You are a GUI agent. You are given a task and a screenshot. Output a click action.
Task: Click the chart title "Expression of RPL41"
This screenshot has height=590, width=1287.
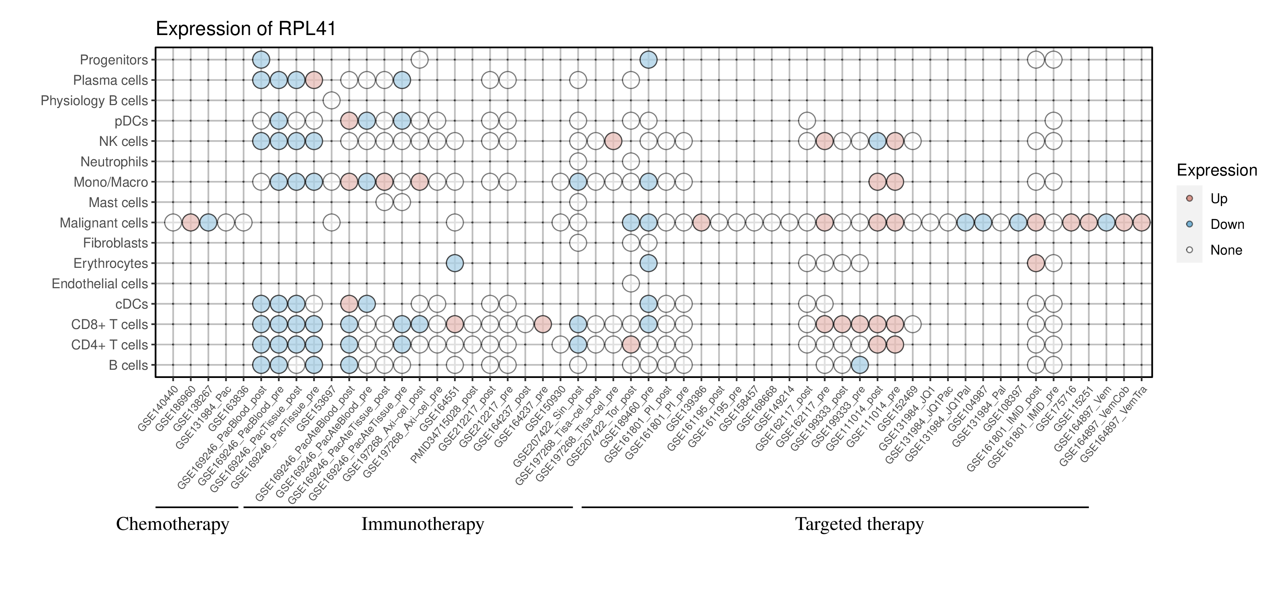(x=246, y=29)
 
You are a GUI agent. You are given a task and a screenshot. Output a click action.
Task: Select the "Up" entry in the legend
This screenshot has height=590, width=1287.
(x=1219, y=199)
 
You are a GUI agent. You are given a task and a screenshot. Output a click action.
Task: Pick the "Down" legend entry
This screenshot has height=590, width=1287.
(x=1227, y=224)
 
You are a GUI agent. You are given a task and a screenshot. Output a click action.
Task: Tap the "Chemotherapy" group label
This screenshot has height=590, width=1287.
(x=172, y=524)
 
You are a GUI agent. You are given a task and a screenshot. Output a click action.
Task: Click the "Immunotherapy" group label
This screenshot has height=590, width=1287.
(x=422, y=524)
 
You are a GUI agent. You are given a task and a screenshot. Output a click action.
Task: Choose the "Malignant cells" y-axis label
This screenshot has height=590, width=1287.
(x=104, y=223)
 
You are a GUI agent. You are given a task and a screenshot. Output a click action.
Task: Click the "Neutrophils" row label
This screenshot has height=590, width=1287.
(x=114, y=162)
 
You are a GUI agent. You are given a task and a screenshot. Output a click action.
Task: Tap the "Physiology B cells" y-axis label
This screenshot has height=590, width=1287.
(x=94, y=100)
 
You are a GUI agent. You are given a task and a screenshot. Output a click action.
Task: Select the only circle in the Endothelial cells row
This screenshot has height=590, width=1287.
(x=631, y=284)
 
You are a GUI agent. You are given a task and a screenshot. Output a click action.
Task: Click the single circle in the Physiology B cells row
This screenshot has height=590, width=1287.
(x=331, y=100)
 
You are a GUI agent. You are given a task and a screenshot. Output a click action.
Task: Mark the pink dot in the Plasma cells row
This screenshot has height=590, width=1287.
(x=314, y=80)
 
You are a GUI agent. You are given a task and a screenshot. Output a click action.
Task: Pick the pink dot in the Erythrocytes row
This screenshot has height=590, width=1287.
(x=1036, y=263)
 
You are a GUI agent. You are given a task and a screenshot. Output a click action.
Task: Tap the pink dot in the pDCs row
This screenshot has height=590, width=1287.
(x=349, y=121)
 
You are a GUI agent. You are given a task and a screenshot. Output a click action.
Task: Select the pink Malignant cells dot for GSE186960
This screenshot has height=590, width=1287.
(x=190, y=223)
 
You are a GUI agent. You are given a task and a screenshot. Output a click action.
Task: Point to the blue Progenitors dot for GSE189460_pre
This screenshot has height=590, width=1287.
(x=648, y=60)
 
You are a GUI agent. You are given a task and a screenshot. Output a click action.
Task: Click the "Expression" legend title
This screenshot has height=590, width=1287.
(x=1217, y=170)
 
